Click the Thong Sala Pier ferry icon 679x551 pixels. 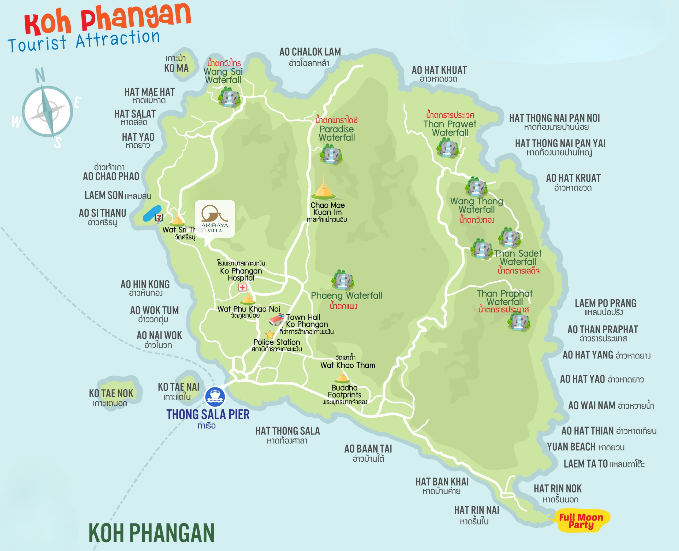pyautogui.click(x=215, y=397)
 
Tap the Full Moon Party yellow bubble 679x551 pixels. pyautogui.click(x=581, y=521)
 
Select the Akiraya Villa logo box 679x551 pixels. pyautogui.click(x=215, y=218)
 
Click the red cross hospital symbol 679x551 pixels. pyautogui.click(x=242, y=288)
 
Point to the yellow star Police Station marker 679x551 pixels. pyautogui.click(x=270, y=334)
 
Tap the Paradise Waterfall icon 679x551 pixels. pyautogui.click(x=331, y=155)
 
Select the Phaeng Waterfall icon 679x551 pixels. pyautogui.click(x=342, y=280)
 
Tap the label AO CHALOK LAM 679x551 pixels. pyautogui.click(x=310, y=52)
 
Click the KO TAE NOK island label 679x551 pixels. pyautogui.click(x=111, y=393)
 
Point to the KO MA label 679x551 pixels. pyautogui.click(x=177, y=68)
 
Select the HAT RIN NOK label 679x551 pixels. pyautogui.click(x=558, y=489)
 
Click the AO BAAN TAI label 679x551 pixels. pyautogui.click(x=368, y=449)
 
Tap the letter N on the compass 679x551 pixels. pyautogui.click(x=40, y=76)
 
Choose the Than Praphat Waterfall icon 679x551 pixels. pyautogui.click(x=519, y=322)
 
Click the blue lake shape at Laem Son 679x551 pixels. pyautogui.click(x=152, y=213)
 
